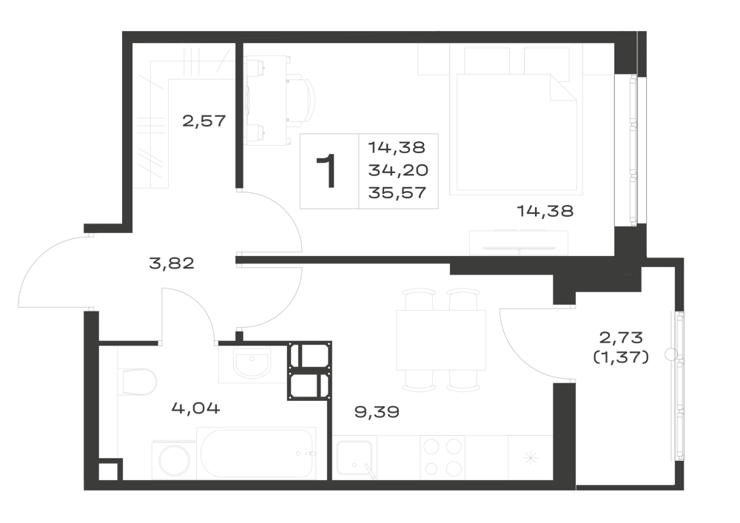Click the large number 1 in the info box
tap(326, 171)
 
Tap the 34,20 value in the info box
tap(398, 170)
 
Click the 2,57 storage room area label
tap(204, 121)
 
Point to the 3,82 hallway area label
tap(172, 263)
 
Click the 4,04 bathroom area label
tap(195, 408)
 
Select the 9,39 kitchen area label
tap(377, 412)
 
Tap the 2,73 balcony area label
tap(621, 337)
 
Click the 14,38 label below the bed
tap(545, 211)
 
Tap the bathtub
tap(256, 453)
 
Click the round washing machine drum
tap(174, 460)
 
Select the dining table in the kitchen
tap(441, 340)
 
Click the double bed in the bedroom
tap(517, 134)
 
